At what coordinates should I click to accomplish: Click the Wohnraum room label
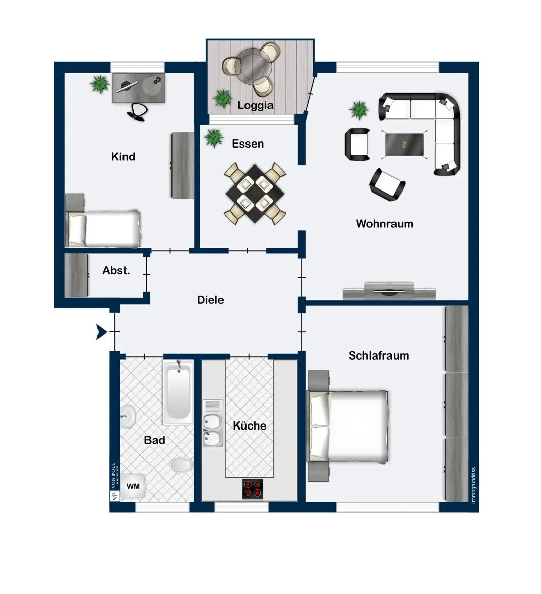pyautogui.click(x=384, y=224)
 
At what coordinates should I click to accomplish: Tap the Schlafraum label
pyautogui.click(x=379, y=355)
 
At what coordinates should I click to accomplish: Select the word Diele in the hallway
pyautogui.click(x=210, y=300)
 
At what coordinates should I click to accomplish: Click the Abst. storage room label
pyautogui.click(x=116, y=271)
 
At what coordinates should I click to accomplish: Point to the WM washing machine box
pyautogui.click(x=133, y=487)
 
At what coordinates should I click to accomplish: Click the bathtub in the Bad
pyautogui.click(x=178, y=393)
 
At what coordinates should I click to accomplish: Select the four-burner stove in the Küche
pyautogui.click(x=252, y=489)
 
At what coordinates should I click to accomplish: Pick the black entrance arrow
pyautogui.click(x=101, y=332)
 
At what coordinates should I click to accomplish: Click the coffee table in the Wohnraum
pyautogui.click(x=404, y=144)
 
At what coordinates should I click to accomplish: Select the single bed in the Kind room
pyautogui.click(x=103, y=228)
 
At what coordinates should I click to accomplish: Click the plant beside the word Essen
pyautogui.click(x=213, y=137)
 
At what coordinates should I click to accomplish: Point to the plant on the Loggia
pyautogui.click(x=223, y=98)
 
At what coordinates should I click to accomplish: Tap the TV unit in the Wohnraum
pyautogui.click(x=389, y=292)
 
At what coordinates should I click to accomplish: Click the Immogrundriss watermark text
pyautogui.click(x=474, y=485)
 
